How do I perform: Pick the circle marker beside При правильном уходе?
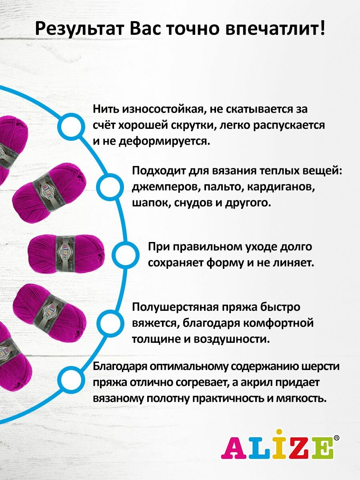[x=125, y=254]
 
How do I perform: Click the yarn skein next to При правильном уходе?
[x=66, y=254]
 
